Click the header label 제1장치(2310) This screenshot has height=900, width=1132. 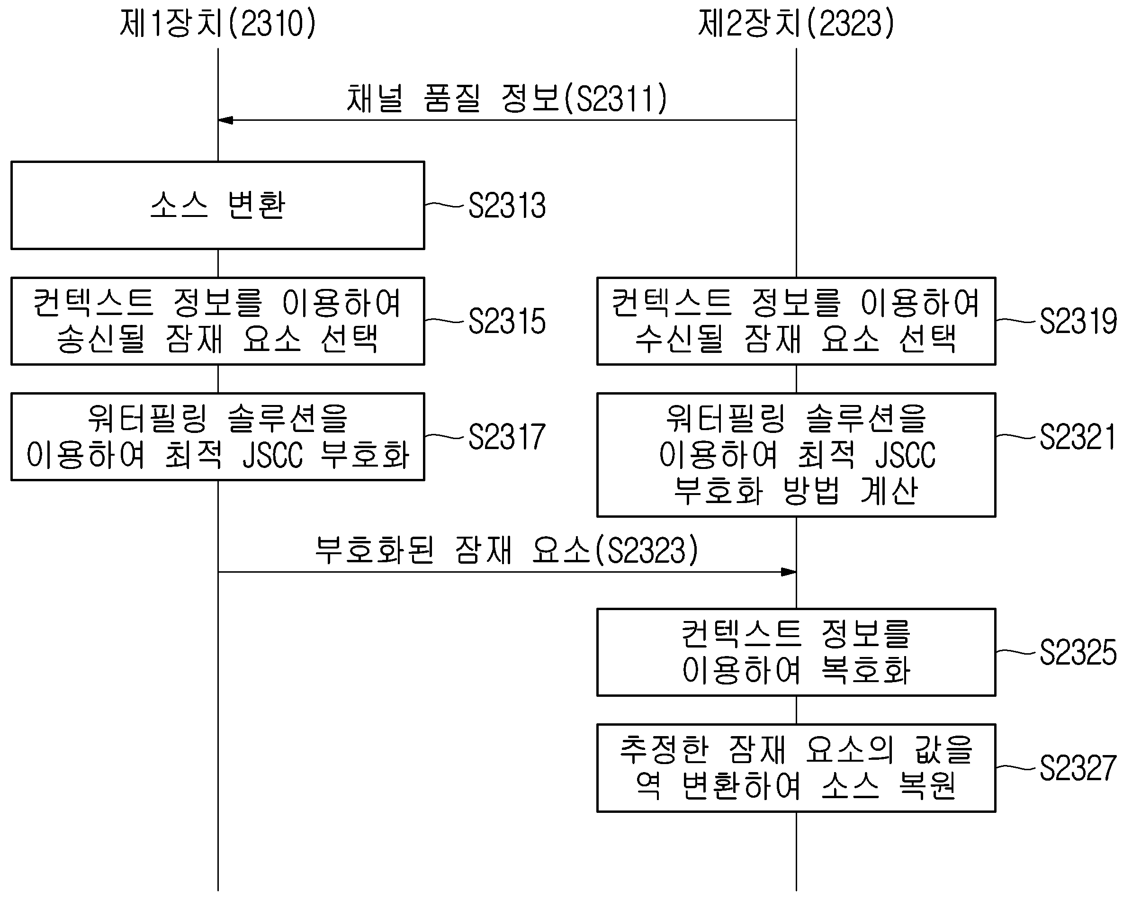[218, 24]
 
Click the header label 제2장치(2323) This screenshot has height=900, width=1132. [796, 24]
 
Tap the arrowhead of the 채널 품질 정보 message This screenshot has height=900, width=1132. [225, 120]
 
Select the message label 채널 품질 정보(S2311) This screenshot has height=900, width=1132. [507, 98]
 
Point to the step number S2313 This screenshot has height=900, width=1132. [507, 205]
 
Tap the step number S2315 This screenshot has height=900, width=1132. [507, 321]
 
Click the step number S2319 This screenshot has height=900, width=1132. [1078, 321]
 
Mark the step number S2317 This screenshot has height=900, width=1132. [507, 437]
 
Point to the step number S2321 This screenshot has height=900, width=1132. [1078, 437]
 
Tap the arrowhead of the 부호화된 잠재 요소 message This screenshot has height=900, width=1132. [789, 572]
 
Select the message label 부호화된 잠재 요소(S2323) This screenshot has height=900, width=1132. [507, 550]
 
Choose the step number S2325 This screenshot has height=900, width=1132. [1078, 652]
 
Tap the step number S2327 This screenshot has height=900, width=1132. [1078, 768]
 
